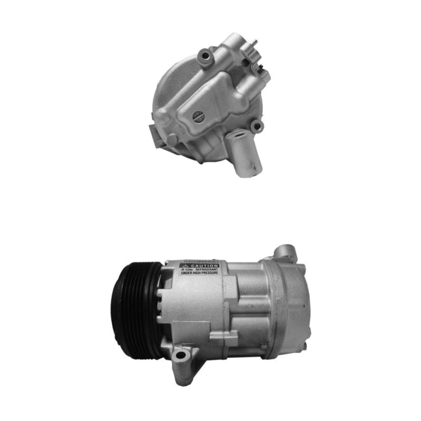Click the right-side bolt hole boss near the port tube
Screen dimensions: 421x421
tap(256, 126)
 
